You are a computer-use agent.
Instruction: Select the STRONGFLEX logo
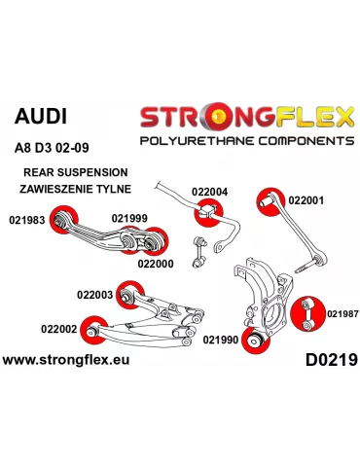coord(247,118)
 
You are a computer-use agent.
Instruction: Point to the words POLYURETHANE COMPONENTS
coord(247,141)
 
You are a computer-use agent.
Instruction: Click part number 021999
coord(129,218)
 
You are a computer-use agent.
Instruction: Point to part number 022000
coord(156,262)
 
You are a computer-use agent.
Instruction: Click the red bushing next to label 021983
coord(69,220)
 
